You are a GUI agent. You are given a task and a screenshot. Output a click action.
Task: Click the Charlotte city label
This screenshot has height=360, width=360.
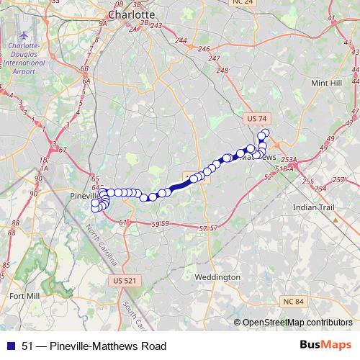click(131, 14)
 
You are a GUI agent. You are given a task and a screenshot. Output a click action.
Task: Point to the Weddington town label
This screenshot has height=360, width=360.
click(217, 276)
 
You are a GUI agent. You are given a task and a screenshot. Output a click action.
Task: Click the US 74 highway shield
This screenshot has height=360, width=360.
click(256, 117)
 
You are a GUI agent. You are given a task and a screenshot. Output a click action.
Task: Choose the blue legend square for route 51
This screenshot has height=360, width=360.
click(11, 346)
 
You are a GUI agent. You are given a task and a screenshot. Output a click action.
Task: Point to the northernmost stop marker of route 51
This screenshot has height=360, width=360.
click(265, 132)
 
